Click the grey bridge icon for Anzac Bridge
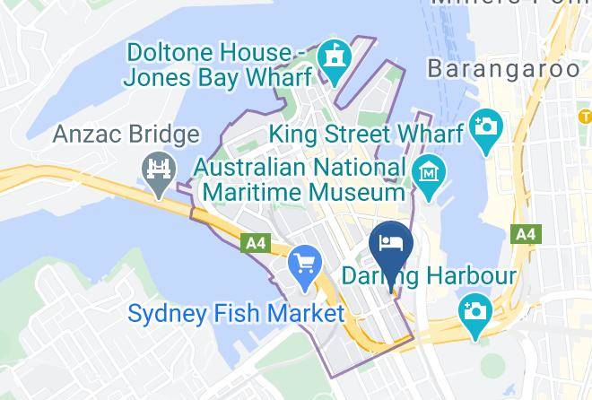coord(157,171)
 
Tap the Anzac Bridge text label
coord(126,135)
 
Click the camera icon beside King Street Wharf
coord(486,126)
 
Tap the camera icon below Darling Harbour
coord(472,312)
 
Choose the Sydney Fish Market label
coord(236,314)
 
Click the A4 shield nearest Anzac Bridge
coord(256,242)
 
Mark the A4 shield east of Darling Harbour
coord(525,234)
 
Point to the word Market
coord(310,314)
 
